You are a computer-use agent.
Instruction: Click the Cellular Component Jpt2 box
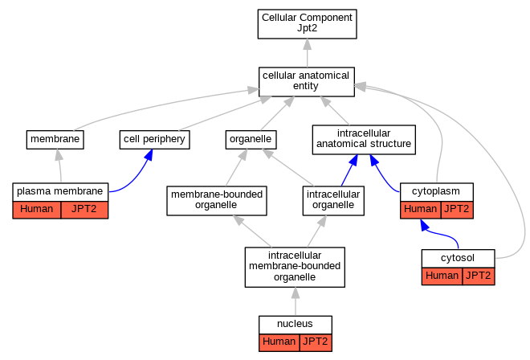tap(307, 24)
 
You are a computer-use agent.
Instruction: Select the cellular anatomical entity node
tap(307, 82)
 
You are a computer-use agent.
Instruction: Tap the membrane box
tap(55, 140)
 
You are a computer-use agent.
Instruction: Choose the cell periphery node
tap(154, 140)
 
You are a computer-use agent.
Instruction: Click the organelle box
tap(251, 140)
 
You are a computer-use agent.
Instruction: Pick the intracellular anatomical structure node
tap(364, 140)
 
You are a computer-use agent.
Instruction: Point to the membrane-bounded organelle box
tap(217, 201)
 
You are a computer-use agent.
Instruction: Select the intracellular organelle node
tap(333, 201)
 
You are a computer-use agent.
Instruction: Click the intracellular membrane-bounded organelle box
tap(295, 268)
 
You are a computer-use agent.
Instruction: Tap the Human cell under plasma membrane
tap(37, 210)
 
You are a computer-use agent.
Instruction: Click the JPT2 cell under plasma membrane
tap(84, 210)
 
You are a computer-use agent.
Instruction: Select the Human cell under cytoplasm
tap(421, 210)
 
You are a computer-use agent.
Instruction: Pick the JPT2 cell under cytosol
tap(479, 276)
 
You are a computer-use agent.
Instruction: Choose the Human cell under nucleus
tap(279, 343)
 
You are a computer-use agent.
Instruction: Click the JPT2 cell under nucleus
tap(316, 343)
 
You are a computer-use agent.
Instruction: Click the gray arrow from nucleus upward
tap(296, 301)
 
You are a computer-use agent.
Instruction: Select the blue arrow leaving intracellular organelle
tap(349, 170)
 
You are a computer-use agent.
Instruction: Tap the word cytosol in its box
tap(458, 258)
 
